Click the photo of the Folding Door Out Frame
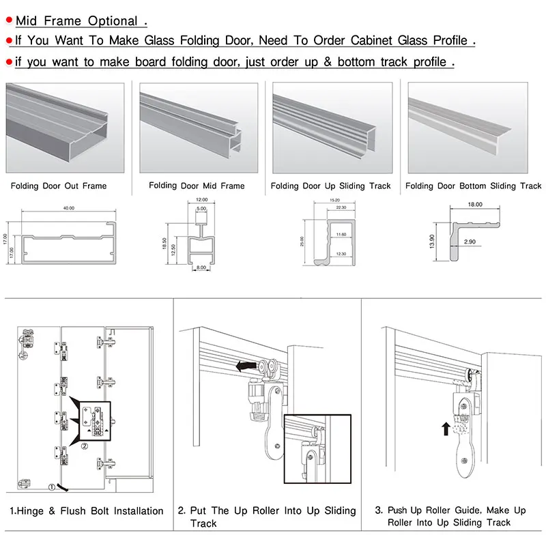[66, 127]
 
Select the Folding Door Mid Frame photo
[198, 127]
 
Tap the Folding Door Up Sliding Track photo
[332, 127]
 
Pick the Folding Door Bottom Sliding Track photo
[468, 127]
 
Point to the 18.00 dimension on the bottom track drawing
[475, 203]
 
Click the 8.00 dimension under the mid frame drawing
[201, 268]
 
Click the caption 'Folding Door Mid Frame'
[197, 186]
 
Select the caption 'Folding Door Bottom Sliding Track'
[473, 186]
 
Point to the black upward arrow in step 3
[445, 429]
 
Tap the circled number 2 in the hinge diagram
[84, 447]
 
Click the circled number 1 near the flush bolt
[51, 487]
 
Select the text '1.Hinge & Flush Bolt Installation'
[86, 510]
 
